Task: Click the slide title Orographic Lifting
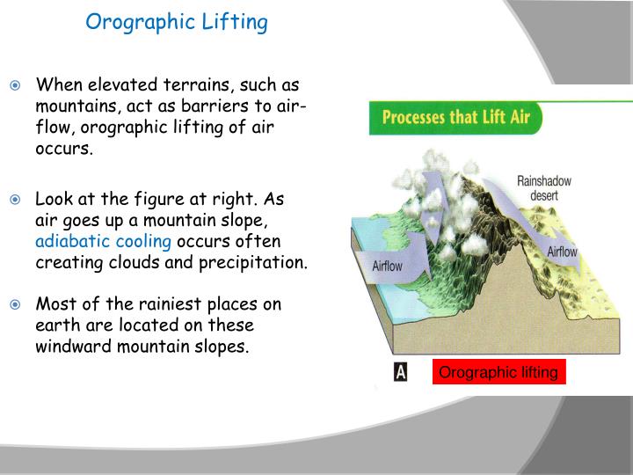pyautogui.click(x=177, y=22)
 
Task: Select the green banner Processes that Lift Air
pyautogui.click(x=456, y=117)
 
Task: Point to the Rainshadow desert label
pyautogui.click(x=543, y=187)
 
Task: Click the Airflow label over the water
pyautogui.click(x=392, y=265)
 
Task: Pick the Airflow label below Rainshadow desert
pyautogui.click(x=563, y=252)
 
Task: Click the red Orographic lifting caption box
pyautogui.click(x=498, y=373)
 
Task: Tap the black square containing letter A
pyautogui.click(x=401, y=372)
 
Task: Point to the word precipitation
pyautogui.click(x=261, y=263)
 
